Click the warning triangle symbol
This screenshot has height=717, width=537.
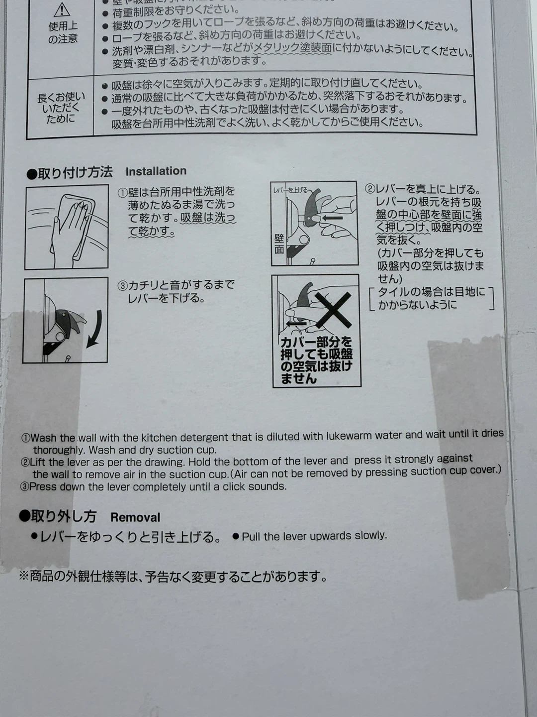(x=62, y=9)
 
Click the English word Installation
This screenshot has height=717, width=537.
(x=156, y=171)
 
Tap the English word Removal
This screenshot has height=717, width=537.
(x=135, y=517)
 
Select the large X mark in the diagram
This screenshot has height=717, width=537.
(x=333, y=310)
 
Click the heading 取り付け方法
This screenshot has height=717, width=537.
(x=70, y=173)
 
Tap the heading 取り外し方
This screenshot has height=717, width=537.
(x=58, y=516)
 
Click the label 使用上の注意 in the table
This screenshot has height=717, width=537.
(x=63, y=32)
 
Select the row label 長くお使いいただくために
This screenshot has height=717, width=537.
(x=61, y=108)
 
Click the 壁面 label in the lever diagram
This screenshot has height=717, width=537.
(x=279, y=243)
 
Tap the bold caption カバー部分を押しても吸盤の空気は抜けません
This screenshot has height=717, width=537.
(x=316, y=360)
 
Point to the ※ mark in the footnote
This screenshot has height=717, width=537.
(x=24, y=576)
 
